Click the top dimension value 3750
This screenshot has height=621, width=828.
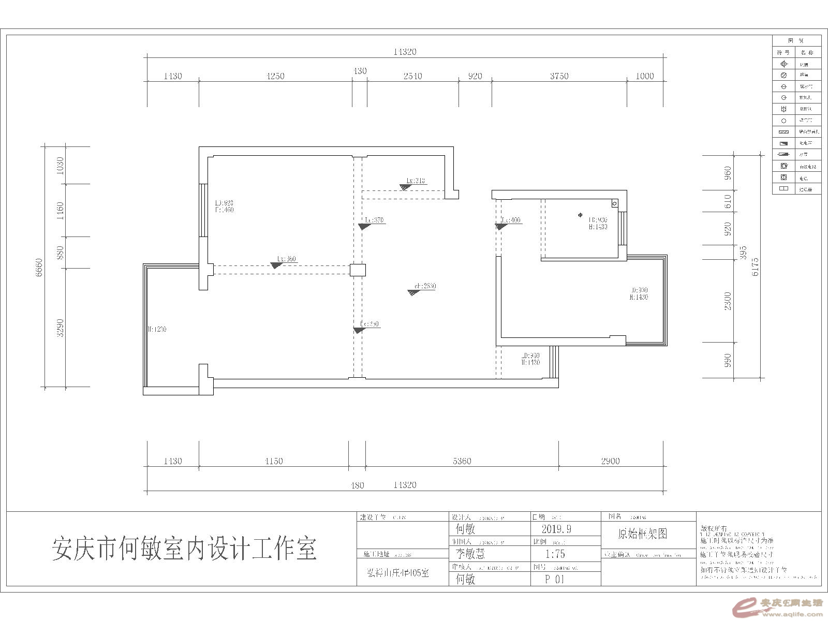click(559, 76)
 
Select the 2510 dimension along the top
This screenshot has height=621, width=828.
click(412, 76)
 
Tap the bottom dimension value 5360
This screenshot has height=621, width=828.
click(462, 461)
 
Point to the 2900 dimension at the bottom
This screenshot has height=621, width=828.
click(610, 461)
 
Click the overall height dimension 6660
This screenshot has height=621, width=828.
click(39, 267)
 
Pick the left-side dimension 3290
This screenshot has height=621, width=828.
click(61, 328)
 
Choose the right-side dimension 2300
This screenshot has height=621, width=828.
click(728, 301)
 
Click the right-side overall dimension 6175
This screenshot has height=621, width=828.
click(756, 267)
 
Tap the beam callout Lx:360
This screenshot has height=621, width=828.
click(286, 259)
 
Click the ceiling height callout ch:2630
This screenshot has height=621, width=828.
click(425, 286)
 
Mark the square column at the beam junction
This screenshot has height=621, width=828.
click(358, 270)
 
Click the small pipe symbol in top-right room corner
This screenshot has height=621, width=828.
click(614, 203)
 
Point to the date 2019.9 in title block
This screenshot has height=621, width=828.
click(556, 529)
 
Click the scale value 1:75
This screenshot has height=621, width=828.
click(555, 554)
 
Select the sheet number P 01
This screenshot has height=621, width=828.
click(555, 579)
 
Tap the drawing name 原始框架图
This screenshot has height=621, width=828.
click(642, 533)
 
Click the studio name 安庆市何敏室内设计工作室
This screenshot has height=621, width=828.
click(184, 549)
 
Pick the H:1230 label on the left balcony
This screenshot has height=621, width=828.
click(157, 329)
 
